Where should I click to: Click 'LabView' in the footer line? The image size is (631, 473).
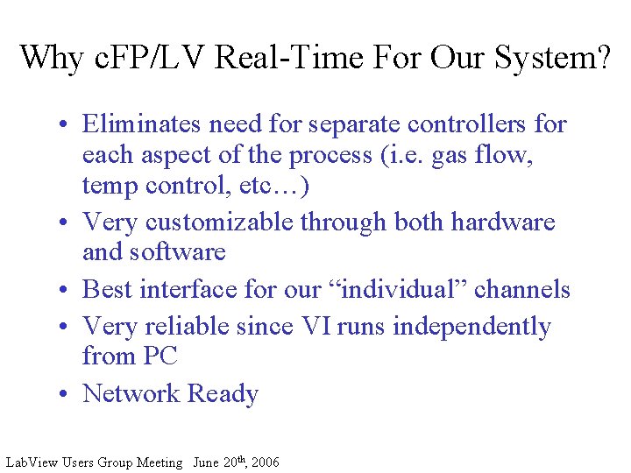[30, 462]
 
